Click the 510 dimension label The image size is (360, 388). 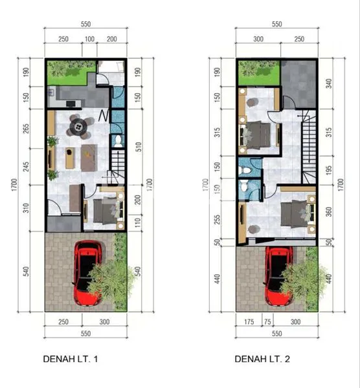click(x=137, y=146)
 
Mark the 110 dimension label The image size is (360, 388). click(x=137, y=223)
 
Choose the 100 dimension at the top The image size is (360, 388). click(x=89, y=39)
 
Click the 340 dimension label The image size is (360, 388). click(x=329, y=83)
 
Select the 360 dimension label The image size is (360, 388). click(x=329, y=211)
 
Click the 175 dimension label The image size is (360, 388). click(x=248, y=321)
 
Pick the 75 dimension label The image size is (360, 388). click(x=266, y=321)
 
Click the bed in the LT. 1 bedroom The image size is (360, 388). click(x=104, y=210)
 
